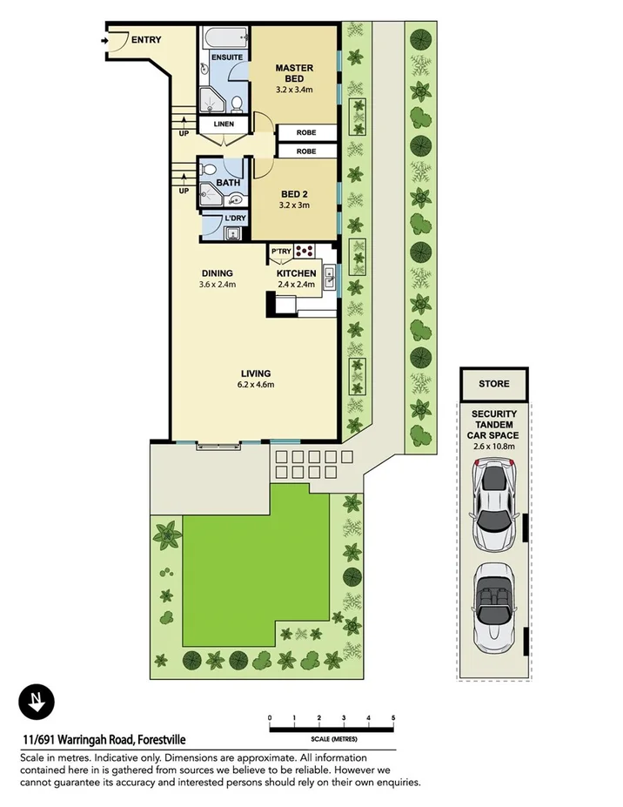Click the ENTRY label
click(147, 39)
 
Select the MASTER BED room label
click(294, 73)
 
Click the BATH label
click(228, 183)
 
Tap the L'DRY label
click(234, 217)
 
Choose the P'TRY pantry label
click(281, 252)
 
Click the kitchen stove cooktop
click(306, 251)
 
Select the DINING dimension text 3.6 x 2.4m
click(218, 285)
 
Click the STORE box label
click(493, 383)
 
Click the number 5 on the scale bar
click(394, 717)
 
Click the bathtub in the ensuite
click(224, 37)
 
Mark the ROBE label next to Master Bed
click(305, 133)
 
